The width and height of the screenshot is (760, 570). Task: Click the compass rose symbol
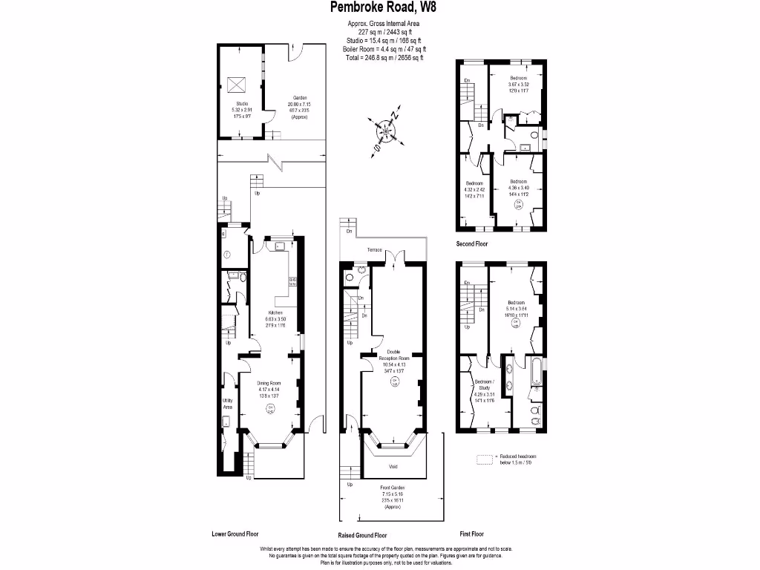(x=386, y=131)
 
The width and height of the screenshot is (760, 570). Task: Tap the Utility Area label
(x=228, y=403)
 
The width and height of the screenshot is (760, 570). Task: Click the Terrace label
(x=373, y=250)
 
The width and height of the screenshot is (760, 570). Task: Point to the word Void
(x=393, y=467)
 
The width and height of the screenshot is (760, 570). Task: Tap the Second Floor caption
(x=473, y=243)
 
